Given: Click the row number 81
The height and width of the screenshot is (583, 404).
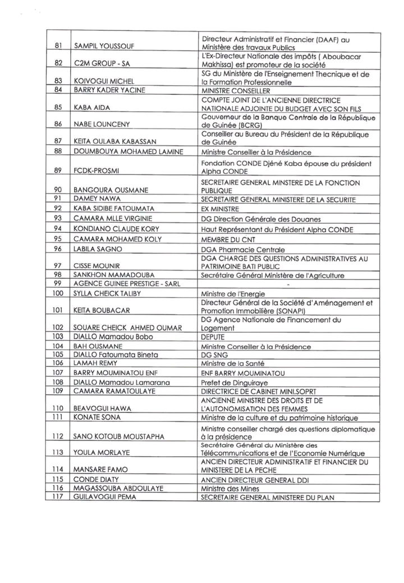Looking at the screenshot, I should pyautogui.click(x=57, y=44).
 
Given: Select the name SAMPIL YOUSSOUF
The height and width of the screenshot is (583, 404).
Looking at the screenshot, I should pyautogui.click(x=106, y=45).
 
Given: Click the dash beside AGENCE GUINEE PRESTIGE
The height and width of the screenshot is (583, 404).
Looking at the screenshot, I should pyautogui.click(x=287, y=284).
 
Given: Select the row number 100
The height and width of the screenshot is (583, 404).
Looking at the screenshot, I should pyautogui.click(x=57, y=293).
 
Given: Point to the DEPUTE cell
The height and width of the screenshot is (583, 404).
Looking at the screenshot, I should pyautogui.click(x=213, y=337).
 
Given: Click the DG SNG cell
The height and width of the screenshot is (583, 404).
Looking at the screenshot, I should pyautogui.click(x=214, y=355).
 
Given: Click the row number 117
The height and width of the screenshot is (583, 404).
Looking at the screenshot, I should pyautogui.click(x=57, y=497).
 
